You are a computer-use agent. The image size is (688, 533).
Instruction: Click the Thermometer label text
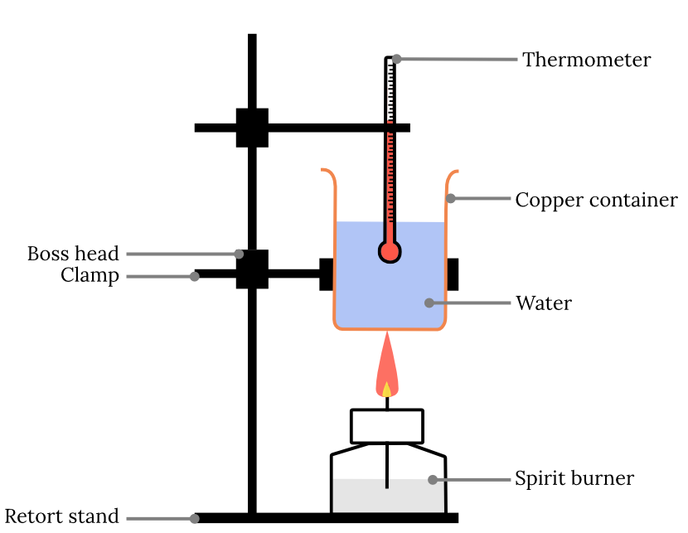coord(586,60)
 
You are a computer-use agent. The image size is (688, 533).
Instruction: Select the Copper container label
coord(596,200)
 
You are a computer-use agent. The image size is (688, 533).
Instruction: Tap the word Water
coord(543,303)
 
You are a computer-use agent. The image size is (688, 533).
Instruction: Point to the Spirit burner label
coord(574,478)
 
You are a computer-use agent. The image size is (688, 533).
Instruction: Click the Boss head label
coord(73,254)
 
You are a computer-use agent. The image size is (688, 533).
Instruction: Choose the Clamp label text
coord(90,275)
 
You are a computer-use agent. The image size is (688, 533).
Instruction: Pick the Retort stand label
coord(62,516)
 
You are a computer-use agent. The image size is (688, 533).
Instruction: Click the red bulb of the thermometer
coord(389,250)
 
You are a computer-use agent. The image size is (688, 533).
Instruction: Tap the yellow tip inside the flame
coord(386,389)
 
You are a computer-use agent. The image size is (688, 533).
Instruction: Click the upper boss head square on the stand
coord(252,128)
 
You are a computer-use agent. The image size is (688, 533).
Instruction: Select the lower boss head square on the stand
coord(252,269)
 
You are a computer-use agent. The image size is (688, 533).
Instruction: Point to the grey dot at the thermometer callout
coord(397,59)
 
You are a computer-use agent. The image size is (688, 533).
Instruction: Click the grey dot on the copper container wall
coord(450,198)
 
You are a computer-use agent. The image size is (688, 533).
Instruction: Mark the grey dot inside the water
coord(429,303)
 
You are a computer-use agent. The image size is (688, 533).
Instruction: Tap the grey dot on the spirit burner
coord(432,479)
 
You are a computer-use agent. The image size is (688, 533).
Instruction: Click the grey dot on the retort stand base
coord(195,519)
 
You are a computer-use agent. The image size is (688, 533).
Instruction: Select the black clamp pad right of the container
coord(453,274)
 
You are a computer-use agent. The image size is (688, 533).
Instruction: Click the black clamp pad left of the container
coord(327,274)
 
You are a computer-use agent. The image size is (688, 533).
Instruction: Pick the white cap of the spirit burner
coord(387,426)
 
